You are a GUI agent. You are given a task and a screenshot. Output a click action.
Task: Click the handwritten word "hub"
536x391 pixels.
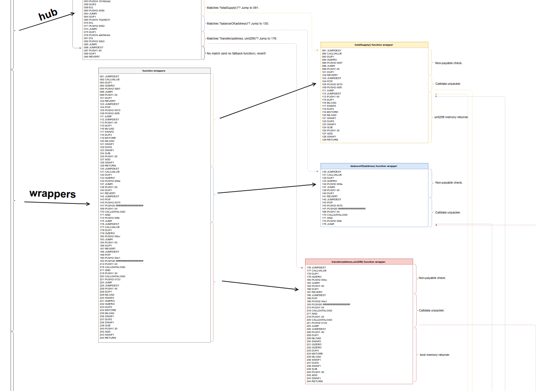(48, 15)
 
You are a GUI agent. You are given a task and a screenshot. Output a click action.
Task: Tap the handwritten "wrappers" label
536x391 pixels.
(53, 194)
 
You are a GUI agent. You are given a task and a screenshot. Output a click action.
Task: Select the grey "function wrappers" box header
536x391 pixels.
(154, 71)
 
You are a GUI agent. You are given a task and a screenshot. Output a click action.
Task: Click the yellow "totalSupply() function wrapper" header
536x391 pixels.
(374, 45)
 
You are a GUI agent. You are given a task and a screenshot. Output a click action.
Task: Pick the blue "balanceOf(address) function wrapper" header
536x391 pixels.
(374, 166)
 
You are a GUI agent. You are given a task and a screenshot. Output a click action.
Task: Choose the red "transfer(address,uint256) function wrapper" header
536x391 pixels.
(359, 262)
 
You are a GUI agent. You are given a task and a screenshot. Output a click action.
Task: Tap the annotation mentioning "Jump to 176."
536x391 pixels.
(268, 39)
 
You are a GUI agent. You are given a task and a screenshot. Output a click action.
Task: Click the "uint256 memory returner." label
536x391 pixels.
(451, 117)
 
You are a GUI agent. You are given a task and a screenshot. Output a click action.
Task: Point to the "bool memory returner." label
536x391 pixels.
(435, 355)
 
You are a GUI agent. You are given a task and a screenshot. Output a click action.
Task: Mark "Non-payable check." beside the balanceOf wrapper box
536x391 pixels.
(449, 183)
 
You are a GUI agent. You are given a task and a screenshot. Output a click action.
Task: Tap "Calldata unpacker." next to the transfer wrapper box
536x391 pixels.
(432, 311)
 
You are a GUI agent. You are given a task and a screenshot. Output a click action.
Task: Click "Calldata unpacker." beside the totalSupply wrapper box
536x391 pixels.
(448, 83)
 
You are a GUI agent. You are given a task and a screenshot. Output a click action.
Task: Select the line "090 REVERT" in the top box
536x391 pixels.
(92, 57)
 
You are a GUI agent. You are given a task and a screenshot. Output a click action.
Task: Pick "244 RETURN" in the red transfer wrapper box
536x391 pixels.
(315, 381)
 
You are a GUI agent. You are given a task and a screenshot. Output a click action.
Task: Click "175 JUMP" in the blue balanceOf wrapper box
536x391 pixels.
(328, 224)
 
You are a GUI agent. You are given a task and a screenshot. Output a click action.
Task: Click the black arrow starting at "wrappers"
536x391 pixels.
(57, 203)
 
